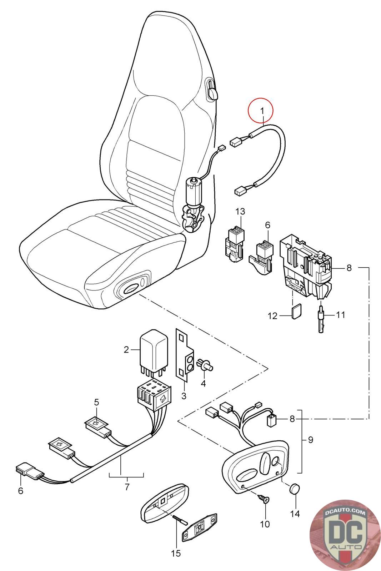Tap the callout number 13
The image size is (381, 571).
240,212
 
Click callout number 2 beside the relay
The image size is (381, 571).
126,350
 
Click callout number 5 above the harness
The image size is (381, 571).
96,402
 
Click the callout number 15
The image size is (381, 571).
176,554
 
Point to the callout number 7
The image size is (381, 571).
127,487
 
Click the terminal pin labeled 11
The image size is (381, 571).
321,318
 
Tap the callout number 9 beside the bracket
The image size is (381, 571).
310,440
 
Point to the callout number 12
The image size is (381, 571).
272,316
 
